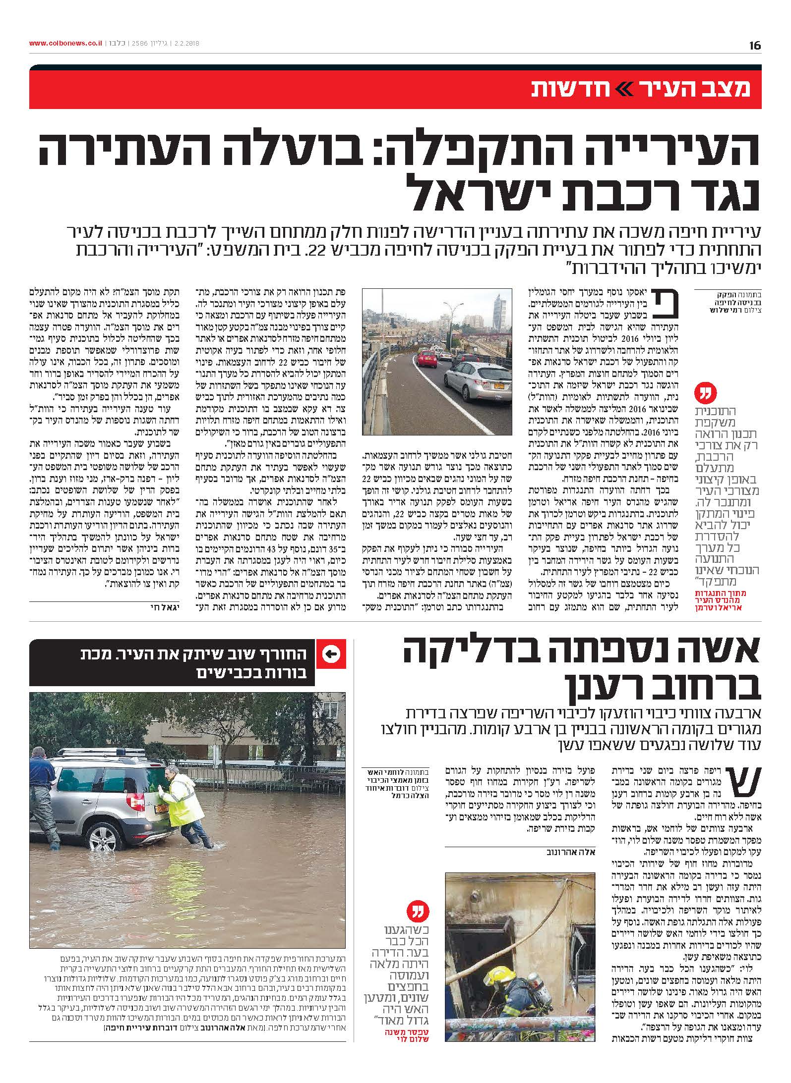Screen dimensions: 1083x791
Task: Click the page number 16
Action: (x=755, y=46)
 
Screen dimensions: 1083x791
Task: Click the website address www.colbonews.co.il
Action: (x=65, y=44)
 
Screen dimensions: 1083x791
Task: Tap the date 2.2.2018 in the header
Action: (x=184, y=44)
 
